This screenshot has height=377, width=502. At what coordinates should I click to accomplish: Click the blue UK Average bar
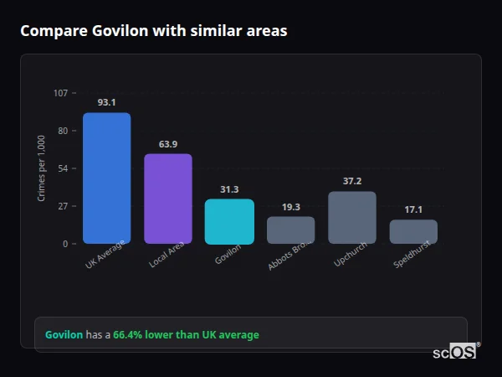(x=106, y=178)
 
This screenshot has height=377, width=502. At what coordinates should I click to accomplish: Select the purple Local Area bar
(x=168, y=199)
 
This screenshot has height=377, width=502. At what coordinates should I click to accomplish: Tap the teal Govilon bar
(x=229, y=221)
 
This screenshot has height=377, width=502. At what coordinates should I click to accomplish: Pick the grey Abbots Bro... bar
(x=291, y=230)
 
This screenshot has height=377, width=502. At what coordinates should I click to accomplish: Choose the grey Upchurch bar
(x=352, y=218)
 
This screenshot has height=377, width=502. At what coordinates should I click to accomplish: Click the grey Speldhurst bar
(x=413, y=232)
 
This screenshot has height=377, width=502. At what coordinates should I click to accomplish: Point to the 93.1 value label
(x=106, y=102)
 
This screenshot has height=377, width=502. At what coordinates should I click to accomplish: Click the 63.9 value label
(x=168, y=144)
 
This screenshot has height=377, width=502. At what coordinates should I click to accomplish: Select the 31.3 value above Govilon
(x=229, y=189)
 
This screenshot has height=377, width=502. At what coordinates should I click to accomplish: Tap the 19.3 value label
(x=291, y=207)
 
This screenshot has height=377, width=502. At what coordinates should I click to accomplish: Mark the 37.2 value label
(x=352, y=182)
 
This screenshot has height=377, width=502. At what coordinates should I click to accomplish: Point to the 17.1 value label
(x=413, y=209)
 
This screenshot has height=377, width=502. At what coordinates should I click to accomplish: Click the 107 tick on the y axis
(x=60, y=93)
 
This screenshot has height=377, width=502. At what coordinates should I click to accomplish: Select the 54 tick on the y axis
(x=63, y=168)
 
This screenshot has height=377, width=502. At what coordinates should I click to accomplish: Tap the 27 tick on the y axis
(x=63, y=206)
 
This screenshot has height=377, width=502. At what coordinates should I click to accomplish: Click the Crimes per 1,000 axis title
(x=42, y=168)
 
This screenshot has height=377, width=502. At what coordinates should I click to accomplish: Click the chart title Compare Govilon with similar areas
(x=154, y=31)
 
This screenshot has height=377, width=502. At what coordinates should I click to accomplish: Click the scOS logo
(x=454, y=352)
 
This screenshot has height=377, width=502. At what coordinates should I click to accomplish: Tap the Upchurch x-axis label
(x=350, y=257)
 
